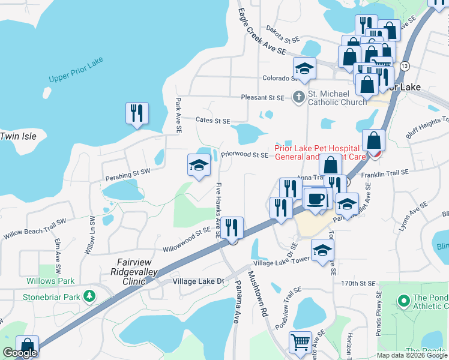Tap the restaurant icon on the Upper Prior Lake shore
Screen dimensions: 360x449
point(137,113)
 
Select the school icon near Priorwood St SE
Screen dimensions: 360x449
point(199,166)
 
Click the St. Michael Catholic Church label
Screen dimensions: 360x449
point(337,98)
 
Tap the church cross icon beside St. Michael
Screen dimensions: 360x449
point(298,97)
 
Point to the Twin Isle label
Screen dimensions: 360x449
point(18,136)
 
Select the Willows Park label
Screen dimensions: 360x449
point(50,280)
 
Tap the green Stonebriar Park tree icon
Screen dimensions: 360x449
point(89,296)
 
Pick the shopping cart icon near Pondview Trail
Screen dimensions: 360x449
point(300,342)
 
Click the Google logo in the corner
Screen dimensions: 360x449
point(20,353)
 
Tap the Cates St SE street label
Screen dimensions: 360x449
point(213,121)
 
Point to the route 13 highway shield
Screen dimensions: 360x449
point(406,65)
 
